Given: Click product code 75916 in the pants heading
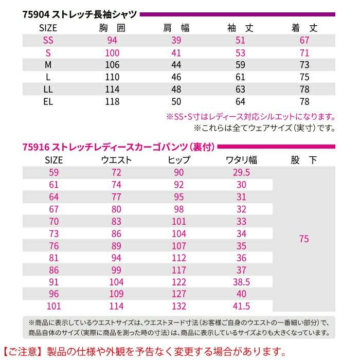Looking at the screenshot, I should click(35, 147).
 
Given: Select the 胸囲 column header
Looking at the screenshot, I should click(112, 28).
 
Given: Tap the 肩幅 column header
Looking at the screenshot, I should click(176, 28).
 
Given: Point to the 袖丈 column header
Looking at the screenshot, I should click(240, 28).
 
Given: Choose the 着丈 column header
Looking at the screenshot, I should click(304, 28).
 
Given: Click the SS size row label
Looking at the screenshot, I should click(48, 41).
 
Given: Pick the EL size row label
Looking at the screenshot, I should click(48, 101).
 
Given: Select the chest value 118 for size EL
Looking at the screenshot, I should click(112, 101).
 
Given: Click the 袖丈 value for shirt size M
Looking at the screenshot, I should click(240, 65).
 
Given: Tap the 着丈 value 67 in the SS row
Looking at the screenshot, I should click(304, 41).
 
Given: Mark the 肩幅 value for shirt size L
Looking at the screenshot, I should click(176, 77).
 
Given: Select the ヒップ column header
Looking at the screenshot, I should click(179, 160).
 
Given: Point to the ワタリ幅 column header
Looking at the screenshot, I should click(242, 160).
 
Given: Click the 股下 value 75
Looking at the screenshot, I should click(304, 239).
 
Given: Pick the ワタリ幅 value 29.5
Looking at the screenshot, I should click(242, 172).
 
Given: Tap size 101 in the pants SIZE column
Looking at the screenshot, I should click(53, 307).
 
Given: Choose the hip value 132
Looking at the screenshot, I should click(179, 307).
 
